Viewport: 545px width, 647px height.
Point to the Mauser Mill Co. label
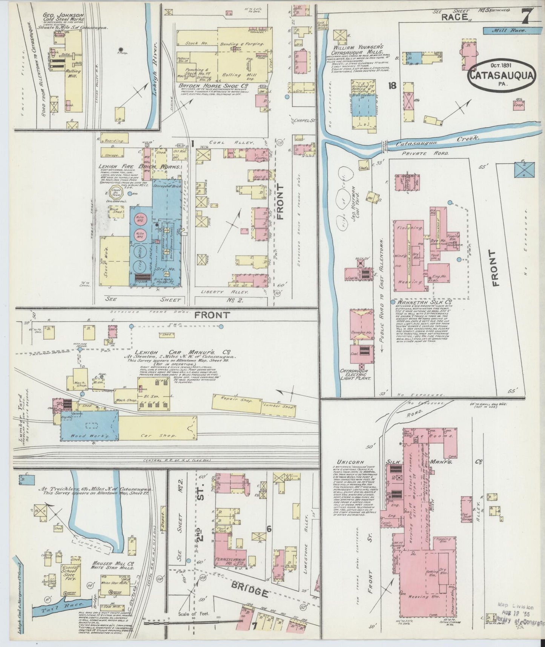point(109,565)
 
